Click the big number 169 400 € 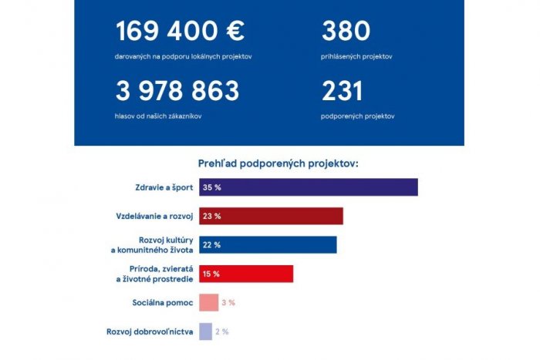[x=180, y=32]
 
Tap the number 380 [x=346, y=32]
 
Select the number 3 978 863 [x=177, y=92]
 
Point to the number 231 [x=342, y=92]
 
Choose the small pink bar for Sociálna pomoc [x=208, y=302]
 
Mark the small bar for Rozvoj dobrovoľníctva [x=205, y=331]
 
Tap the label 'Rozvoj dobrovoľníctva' [x=150, y=331]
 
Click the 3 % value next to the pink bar [x=228, y=302]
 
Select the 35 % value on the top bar [x=211, y=187]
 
